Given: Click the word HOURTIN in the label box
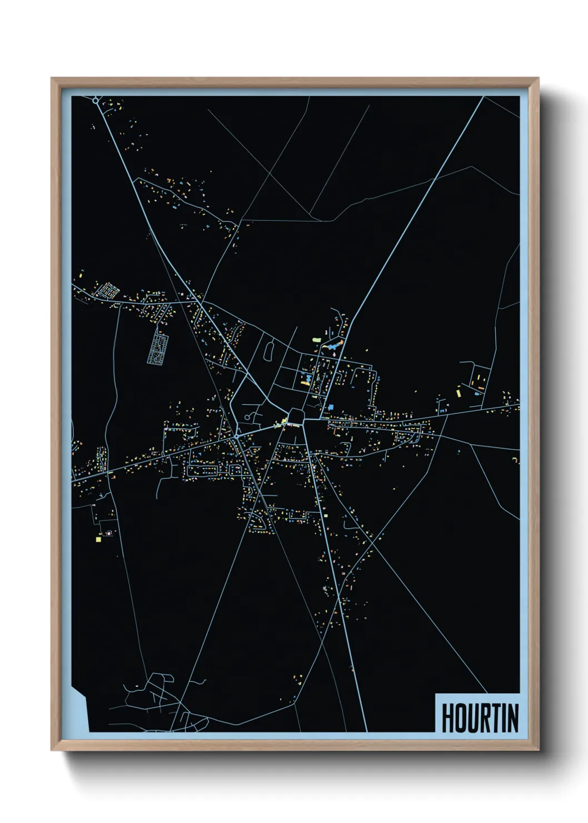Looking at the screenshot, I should click(x=480, y=718).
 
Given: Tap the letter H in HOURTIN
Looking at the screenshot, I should click(x=447, y=718).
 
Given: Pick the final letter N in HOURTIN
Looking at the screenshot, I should click(x=513, y=718).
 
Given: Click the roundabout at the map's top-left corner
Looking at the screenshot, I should click(x=96, y=101).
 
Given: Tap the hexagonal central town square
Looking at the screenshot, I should click(x=296, y=417).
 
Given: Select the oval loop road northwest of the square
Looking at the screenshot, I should click(x=270, y=351).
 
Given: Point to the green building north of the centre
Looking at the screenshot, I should click(x=316, y=339).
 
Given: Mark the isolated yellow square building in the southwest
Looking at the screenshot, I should click(x=98, y=538).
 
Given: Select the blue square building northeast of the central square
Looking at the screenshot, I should click(x=331, y=407).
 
